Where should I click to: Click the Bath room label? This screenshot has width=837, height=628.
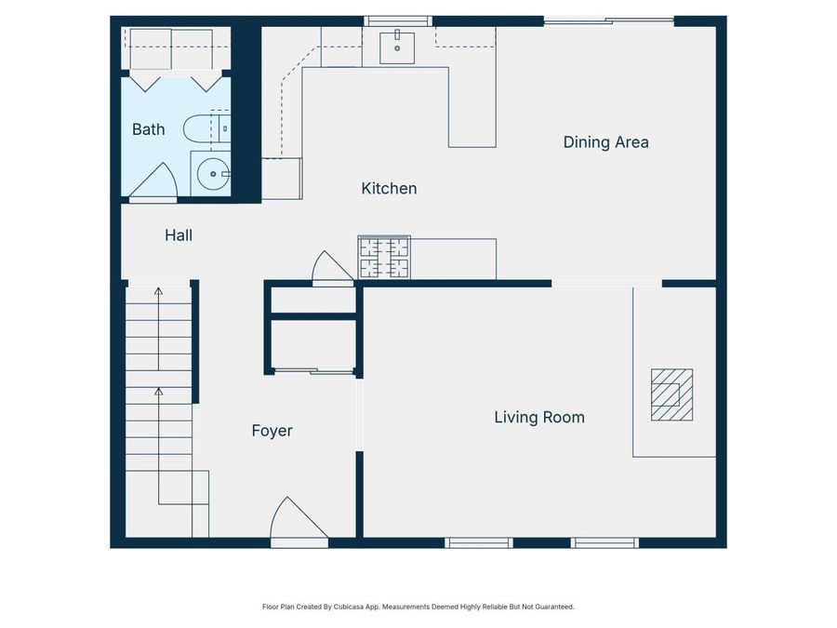click(x=149, y=129)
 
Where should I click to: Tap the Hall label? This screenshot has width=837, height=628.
click(x=179, y=235)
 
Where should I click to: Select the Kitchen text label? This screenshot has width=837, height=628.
click(x=389, y=189)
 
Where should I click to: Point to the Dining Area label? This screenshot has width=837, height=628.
click(x=605, y=142)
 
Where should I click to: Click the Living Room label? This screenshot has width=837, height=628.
click(x=539, y=418)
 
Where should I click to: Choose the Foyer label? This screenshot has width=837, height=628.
click(x=272, y=431)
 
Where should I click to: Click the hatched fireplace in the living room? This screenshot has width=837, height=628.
click(x=671, y=395)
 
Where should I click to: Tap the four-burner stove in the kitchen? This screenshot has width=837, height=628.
click(x=384, y=258)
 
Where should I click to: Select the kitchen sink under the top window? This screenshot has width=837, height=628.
click(x=397, y=46)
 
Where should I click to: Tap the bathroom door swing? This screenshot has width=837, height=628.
click(x=154, y=181)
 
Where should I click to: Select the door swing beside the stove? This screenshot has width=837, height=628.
click(x=332, y=269)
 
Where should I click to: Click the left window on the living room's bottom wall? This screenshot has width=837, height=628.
click(x=479, y=542)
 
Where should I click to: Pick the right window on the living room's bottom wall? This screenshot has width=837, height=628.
click(x=604, y=542)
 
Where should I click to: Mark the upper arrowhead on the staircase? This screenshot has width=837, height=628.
click(x=158, y=292)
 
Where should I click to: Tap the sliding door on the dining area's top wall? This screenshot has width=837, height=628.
click(x=609, y=20)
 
